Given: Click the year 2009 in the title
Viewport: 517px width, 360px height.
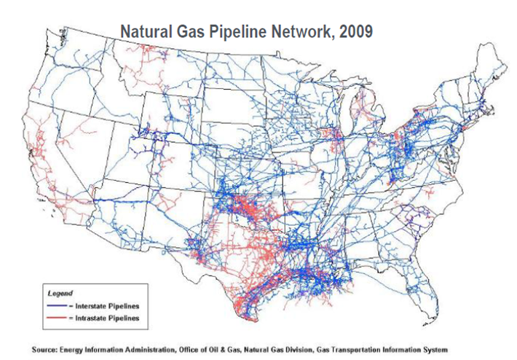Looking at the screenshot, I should pos(354,32).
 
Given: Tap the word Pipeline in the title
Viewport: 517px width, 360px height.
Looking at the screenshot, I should pos(238,32).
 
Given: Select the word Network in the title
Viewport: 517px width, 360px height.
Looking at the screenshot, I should pos(302,32).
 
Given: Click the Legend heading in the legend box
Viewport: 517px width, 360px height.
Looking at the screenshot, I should pos(60,293).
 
